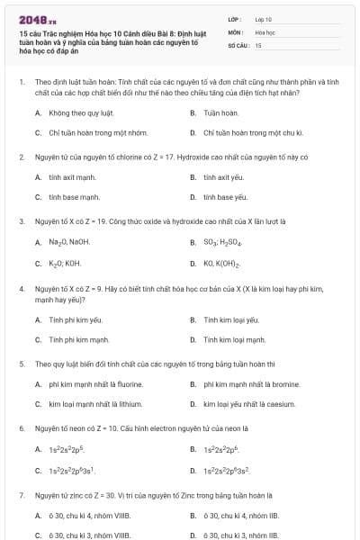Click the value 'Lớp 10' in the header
pyautogui.click(x=263, y=18)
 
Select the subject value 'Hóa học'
pyautogui.click(x=265, y=31)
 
